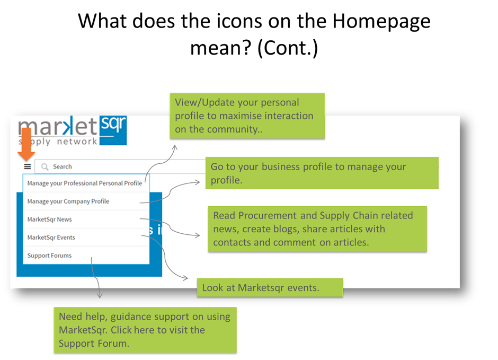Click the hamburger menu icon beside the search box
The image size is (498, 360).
point(28,166)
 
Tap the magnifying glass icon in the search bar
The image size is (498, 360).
point(45,167)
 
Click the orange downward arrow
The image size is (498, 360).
point(26,144)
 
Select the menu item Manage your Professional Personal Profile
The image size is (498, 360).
point(84,183)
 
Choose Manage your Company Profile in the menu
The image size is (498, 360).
point(68,201)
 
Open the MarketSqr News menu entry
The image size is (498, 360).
point(50,219)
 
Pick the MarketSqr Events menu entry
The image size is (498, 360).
point(51,238)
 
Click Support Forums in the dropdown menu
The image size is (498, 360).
point(49,256)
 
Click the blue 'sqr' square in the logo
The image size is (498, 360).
point(113,130)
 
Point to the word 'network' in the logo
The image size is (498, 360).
point(77,142)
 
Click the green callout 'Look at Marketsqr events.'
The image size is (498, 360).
point(270,287)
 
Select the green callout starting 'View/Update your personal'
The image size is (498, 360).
point(247,116)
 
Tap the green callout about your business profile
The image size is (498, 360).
point(322,173)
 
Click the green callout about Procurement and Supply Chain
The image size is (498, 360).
point(317,229)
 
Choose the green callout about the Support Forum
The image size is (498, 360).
point(145,330)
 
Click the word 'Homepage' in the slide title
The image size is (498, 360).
point(381,22)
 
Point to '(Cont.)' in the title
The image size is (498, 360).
point(288,49)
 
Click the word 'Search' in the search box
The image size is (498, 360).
point(63,167)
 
